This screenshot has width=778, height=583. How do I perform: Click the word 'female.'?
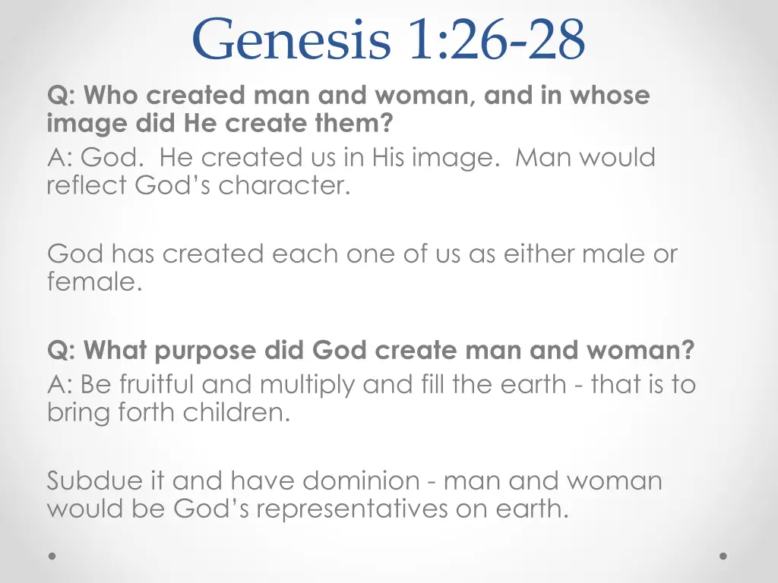[x=94, y=282]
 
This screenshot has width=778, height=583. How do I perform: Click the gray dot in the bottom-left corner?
[x=52, y=556]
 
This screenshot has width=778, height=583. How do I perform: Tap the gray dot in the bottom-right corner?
[x=723, y=556]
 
